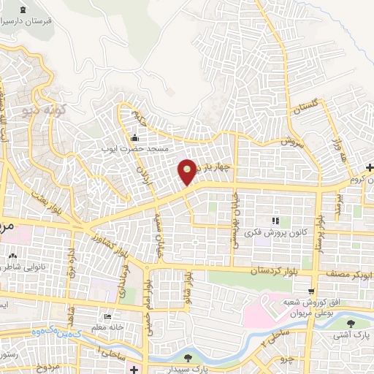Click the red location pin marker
(x=188, y=171)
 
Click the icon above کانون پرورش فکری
(x=275, y=220)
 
